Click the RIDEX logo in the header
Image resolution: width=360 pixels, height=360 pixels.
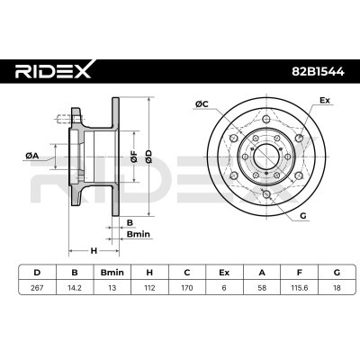coord(53,71)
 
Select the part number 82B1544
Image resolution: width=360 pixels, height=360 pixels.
coord(319,72)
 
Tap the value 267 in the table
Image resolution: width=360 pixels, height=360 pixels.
coord(37,288)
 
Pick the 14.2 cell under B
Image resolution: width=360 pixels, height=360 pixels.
coord(75,288)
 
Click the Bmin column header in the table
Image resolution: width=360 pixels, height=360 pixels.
coord(112,273)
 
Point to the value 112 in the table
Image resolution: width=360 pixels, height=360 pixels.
coord(149,288)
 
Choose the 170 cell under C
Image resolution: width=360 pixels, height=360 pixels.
coord(187,288)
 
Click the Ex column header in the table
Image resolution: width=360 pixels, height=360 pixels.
coord(224,273)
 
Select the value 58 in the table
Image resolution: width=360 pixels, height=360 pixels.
coord(262,288)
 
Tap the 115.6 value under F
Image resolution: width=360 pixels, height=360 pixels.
coord(299,288)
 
